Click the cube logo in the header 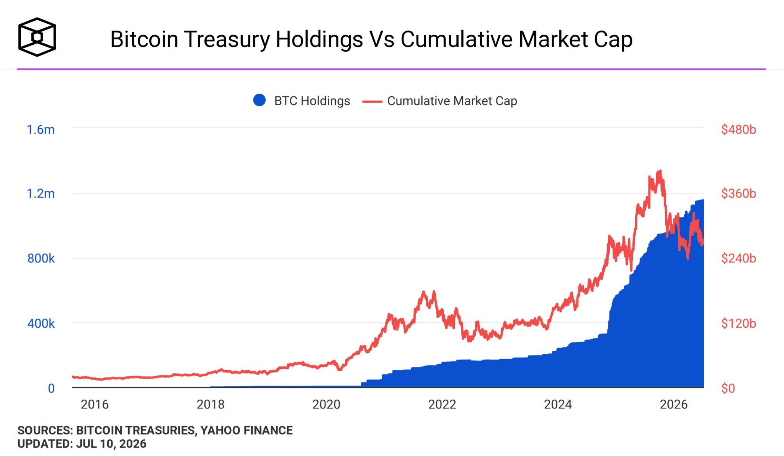tap(37, 37)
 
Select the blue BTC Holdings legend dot tap(260, 100)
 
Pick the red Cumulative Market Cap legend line tap(372, 101)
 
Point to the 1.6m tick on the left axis tap(41, 130)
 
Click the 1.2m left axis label tap(41, 194)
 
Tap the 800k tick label tap(41, 259)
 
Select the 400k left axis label tap(41, 324)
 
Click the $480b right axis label tap(738, 130)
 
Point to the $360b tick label tap(738, 194)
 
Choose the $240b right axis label tap(738, 259)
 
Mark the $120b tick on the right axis tap(738, 324)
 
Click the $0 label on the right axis tap(728, 389)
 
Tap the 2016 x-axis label tap(95, 405)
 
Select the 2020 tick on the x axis tap(326, 405)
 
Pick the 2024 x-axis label tap(558, 405)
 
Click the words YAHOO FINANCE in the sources tap(247, 431)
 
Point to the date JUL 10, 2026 tap(111, 444)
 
